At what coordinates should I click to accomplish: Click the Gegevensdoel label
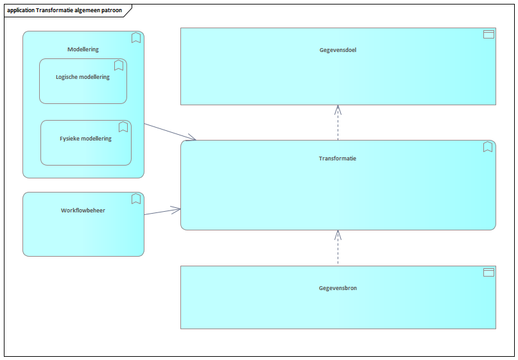click(x=338, y=50)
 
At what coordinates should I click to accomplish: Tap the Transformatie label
click(x=337, y=159)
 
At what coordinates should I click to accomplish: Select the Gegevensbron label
click(x=338, y=288)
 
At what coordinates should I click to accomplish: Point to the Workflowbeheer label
click(x=83, y=210)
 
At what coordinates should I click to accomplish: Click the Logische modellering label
click(x=83, y=77)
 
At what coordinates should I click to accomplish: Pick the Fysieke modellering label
click(x=85, y=139)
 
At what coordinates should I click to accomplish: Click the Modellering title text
click(x=83, y=49)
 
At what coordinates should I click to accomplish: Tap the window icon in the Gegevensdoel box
click(x=488, y=35)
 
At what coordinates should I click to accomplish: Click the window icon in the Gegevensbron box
click(x=488, y=272)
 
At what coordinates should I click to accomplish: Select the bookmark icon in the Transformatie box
click(x=488, y=147)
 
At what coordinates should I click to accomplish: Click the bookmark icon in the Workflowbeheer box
click(x=136, y=199)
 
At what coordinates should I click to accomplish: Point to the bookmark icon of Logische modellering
click(x=119, y=65)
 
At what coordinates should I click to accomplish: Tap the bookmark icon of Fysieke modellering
click(x=123, y=127)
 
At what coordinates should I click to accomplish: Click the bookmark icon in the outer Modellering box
click(x=136, y=38)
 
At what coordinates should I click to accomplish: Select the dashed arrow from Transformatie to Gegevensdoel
click(x=338, y=123)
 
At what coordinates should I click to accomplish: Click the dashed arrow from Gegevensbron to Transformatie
click(x=338, y=247)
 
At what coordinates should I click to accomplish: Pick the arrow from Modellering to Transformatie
click(x=170, y=132)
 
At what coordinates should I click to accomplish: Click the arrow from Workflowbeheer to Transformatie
click(x=162, y=212)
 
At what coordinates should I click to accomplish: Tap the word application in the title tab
click(x=21, y=10)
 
